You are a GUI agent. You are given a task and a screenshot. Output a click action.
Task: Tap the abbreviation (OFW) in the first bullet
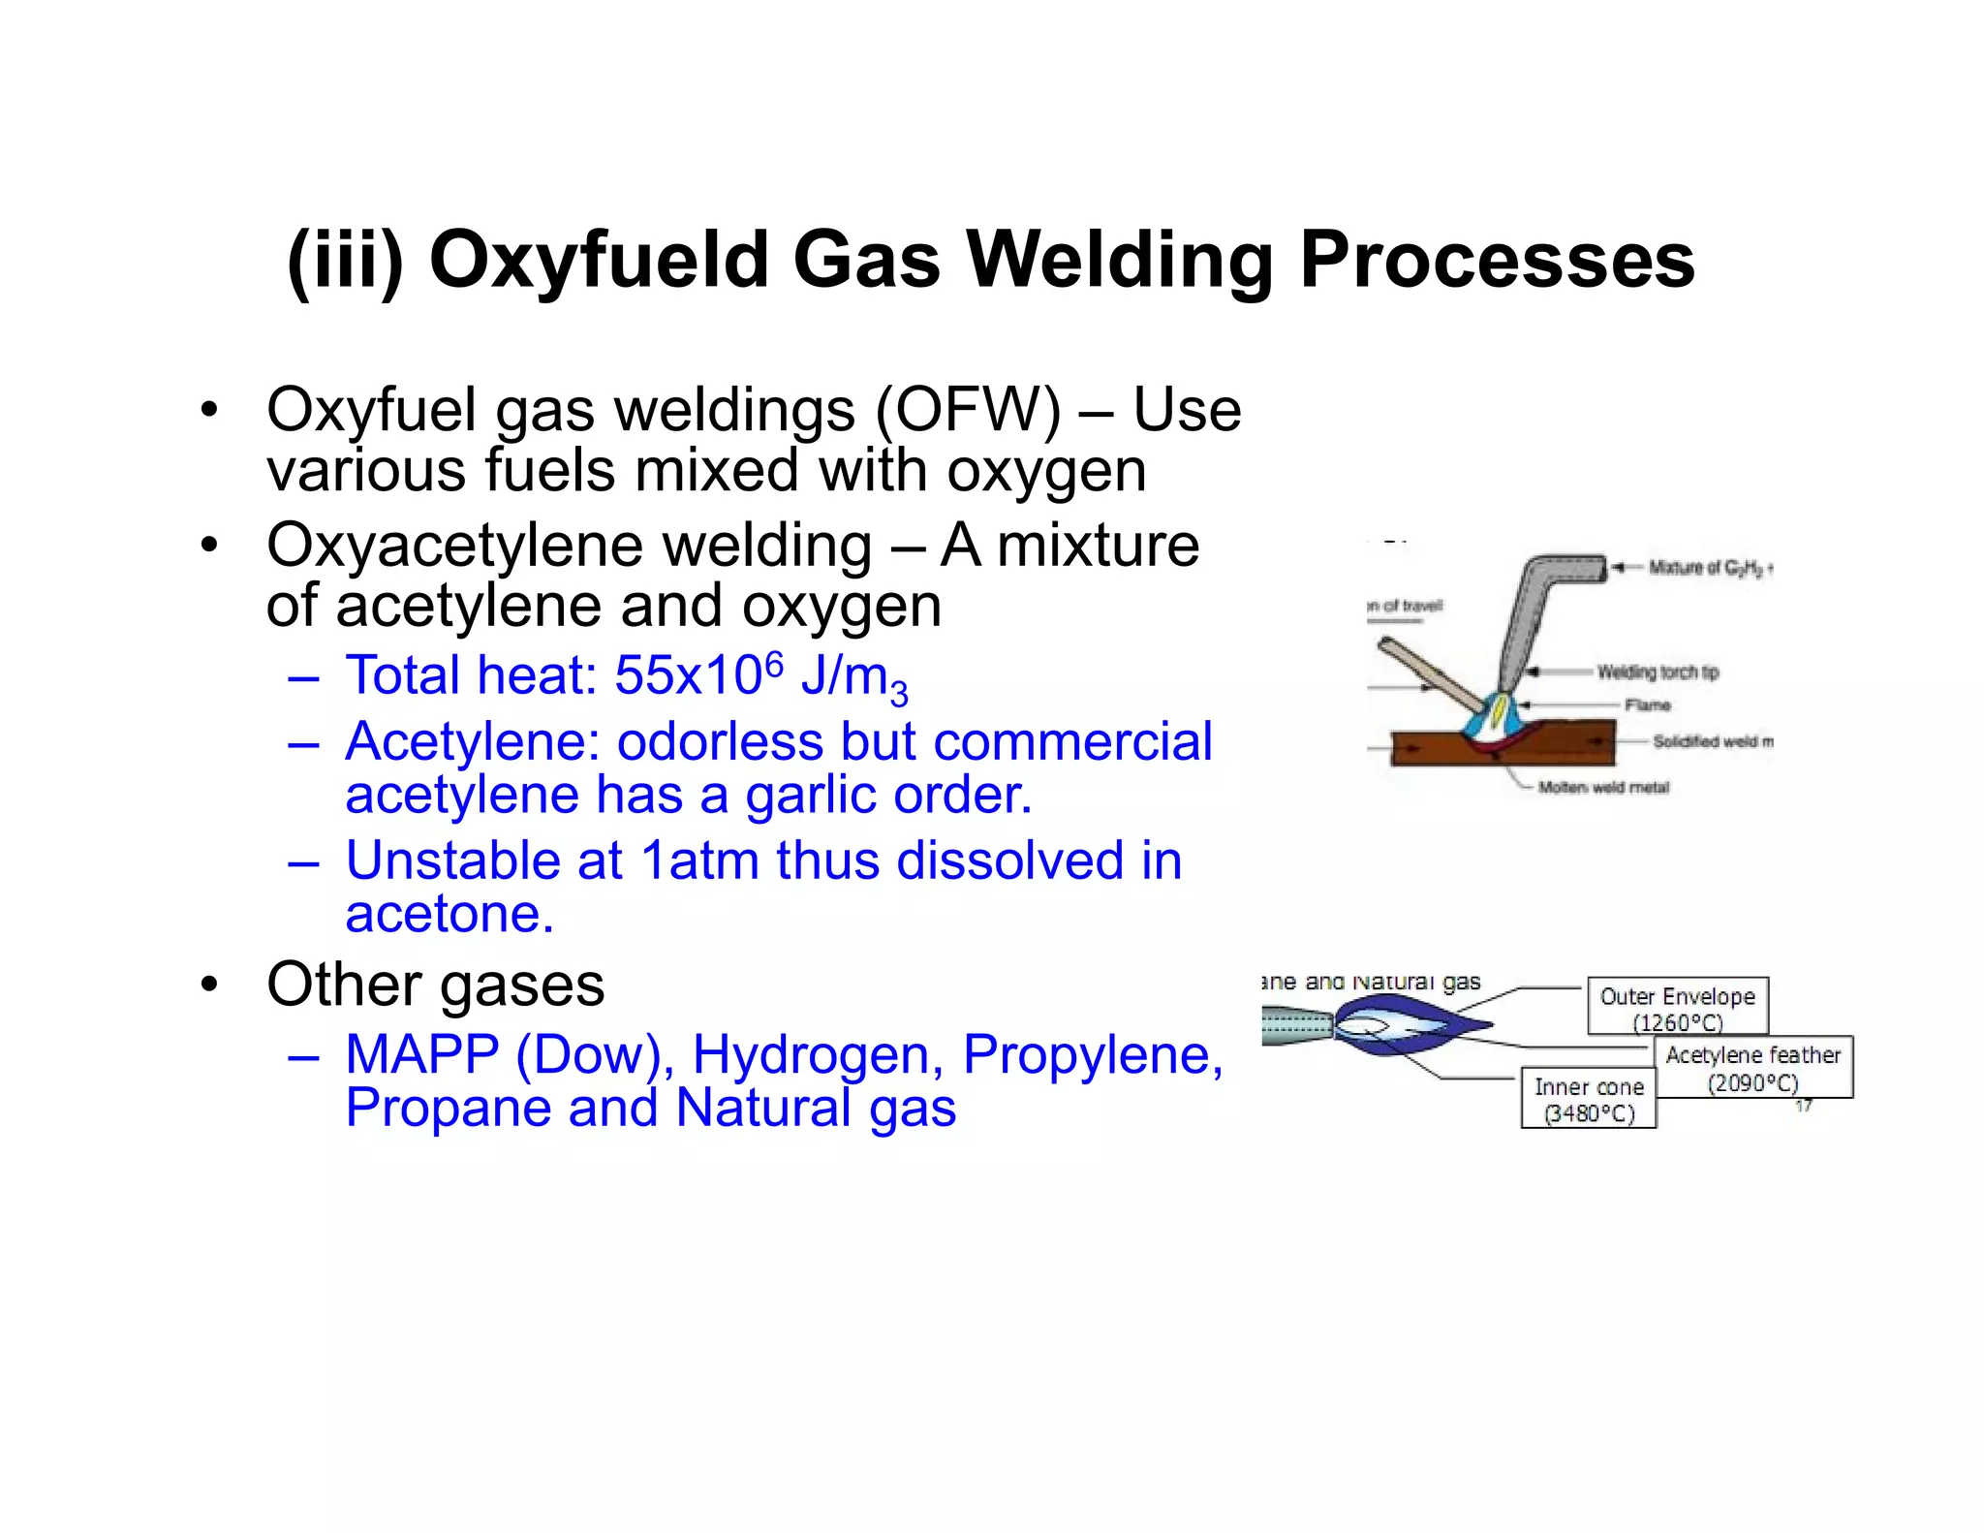[968, 410]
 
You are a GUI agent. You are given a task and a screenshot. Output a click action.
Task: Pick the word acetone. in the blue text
[449, 914]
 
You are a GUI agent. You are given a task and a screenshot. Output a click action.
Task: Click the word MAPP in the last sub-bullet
[421, 1054]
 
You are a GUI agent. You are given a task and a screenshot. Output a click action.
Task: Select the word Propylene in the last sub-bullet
[1093, 1054]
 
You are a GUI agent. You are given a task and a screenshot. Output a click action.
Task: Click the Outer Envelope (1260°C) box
[1678, 1007]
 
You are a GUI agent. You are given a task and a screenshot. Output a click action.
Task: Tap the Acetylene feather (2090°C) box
[1753, 1068]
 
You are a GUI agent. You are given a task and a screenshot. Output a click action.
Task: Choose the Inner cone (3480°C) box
[1589, 1099]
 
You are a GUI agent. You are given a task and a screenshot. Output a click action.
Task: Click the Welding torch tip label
[1658, 672]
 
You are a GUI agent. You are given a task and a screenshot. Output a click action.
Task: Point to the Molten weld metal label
[1603, 787]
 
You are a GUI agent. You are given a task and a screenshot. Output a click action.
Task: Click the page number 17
[1803, 1106]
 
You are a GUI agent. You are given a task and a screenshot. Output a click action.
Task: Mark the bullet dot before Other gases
[209, 985]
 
